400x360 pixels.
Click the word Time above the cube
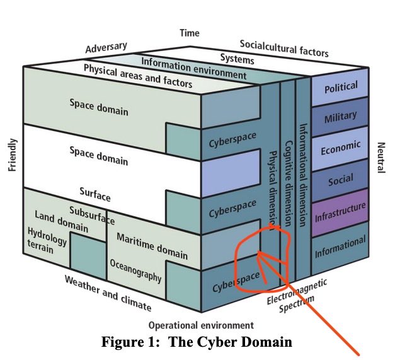click(x=189, y=33)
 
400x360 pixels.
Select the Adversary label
click(x=106, y=49)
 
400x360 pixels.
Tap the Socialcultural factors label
click(x=284, y=48)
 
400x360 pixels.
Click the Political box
click(x=341, y=87)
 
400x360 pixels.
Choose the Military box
click(x=341, y=117)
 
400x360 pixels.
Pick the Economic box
click(x=341, y=149)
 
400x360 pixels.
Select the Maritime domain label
click(x=152, y=246)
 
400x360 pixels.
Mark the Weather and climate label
click(x=108, y=293)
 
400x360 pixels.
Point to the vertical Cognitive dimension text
click(x=287, y=183)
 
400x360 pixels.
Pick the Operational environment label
click(x=200, y=325)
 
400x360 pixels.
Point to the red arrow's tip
click(x=259, y=253)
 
